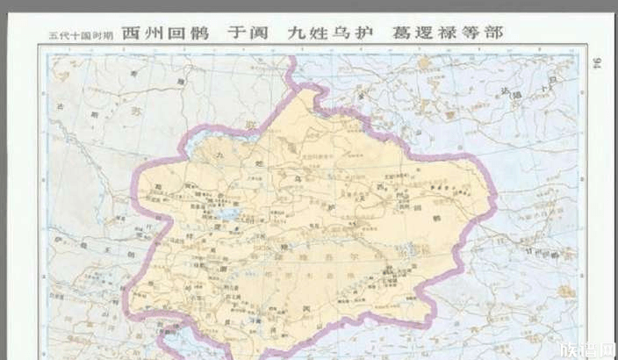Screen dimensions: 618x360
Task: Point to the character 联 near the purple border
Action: click(248, 128)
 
